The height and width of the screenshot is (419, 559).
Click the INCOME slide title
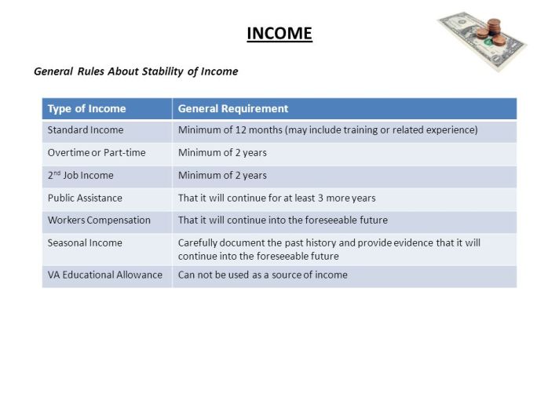pos(279,34)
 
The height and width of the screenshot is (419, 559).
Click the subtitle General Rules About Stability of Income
pos(136,71)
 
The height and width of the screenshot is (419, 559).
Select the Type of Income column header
pos(86,109)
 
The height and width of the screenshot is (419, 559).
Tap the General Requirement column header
pos(233,109)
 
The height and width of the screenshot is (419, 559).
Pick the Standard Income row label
pos(85,130)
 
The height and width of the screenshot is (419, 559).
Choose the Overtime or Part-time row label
pos(97,153)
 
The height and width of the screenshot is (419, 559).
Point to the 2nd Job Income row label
pos(80,176)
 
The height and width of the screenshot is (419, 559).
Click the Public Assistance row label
pos(85,198)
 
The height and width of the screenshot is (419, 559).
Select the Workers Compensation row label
pos(99,220)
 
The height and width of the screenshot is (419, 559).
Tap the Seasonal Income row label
pos(85,243)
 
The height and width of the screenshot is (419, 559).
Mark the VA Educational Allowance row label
pos(104,275)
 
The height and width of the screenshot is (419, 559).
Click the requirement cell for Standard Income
pos(327,130)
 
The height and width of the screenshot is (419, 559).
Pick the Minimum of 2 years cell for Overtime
pos(222,153)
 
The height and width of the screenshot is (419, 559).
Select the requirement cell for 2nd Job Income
pos(222,176)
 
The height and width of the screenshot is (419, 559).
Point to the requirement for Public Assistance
pos(276,198)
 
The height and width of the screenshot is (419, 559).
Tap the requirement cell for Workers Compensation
pos(283,220)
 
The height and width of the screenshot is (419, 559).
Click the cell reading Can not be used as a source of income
pos(262,275)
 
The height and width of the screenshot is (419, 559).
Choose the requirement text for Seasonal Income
pos(329,250)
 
